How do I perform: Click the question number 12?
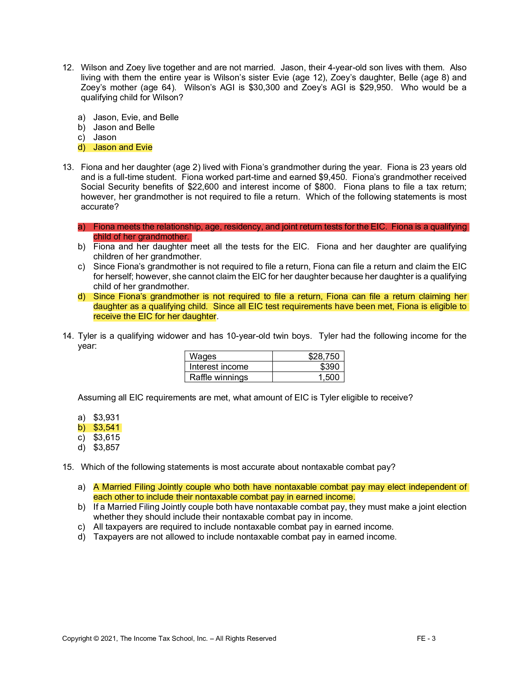point(68,68)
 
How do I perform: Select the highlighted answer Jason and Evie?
point(123,147)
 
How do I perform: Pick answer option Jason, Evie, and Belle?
point(136,117)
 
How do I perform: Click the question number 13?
point(68,167)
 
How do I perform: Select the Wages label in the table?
point(203,356)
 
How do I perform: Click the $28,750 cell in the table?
point(323,356)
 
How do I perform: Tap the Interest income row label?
point(218,367)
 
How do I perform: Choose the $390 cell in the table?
point(329,367)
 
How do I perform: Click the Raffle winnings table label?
point(218,377)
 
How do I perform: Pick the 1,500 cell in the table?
point(328,377)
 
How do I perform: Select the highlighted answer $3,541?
point(106,428)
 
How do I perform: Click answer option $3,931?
point(106,418)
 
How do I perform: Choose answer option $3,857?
point(106,447)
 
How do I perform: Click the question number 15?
point(68,467)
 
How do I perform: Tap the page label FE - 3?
point(426,639)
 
